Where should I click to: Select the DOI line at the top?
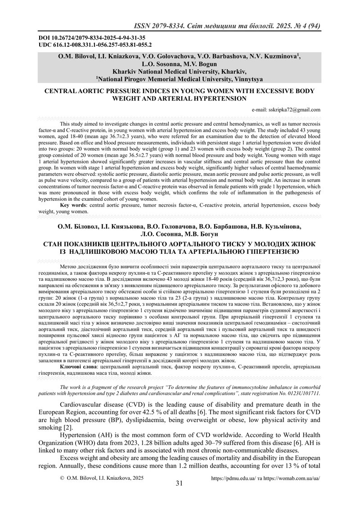[90, 38]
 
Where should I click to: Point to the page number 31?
[179, 484]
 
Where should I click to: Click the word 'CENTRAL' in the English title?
[61, 91]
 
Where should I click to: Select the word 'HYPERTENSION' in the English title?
[219, 98]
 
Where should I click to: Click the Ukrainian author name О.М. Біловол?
[75, 227]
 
